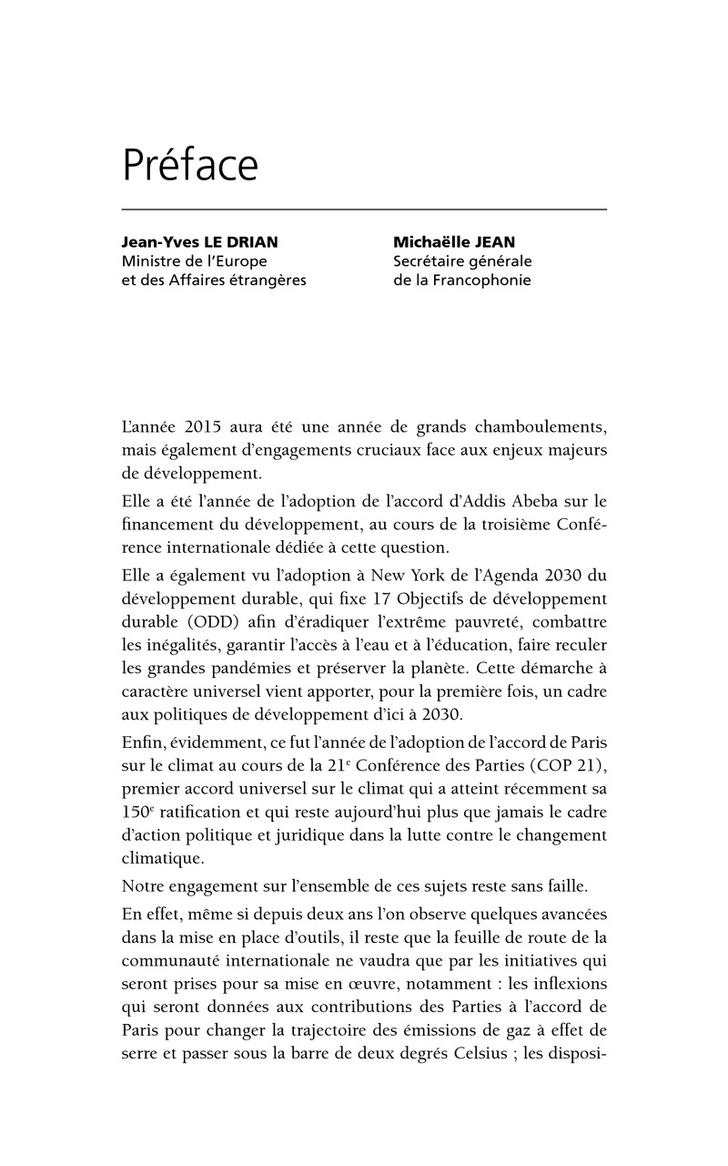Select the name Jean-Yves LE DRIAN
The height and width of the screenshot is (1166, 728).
coord(200,242)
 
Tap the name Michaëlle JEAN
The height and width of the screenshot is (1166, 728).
coord(452,242)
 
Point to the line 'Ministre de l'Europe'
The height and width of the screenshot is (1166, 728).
coord(194,261)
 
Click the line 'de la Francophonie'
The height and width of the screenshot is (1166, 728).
coord(461,281)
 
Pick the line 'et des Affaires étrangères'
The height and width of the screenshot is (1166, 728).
coord(214,281)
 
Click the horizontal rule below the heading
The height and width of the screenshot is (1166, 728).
coord(364,210)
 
